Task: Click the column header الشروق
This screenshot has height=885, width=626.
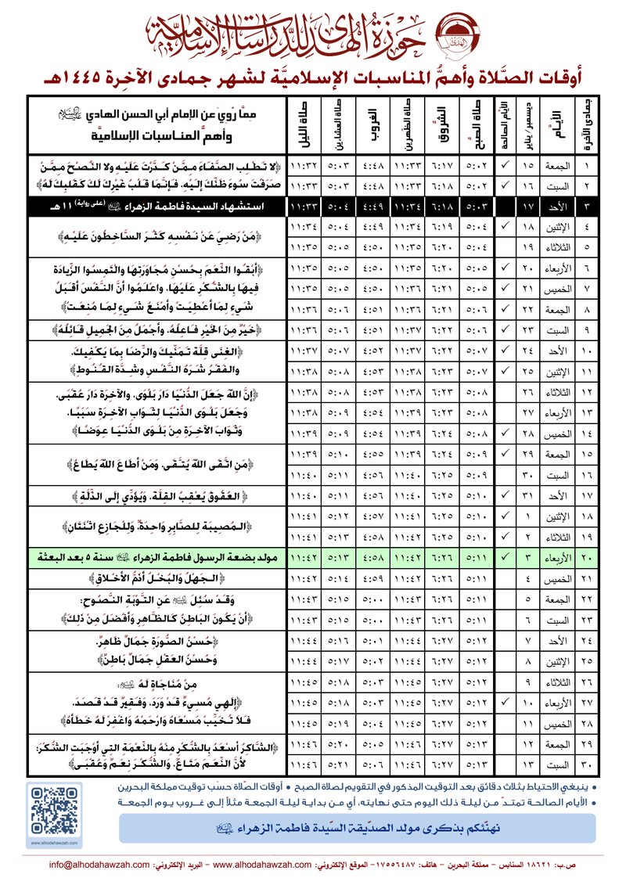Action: pyautogui.click(x=439, y=125)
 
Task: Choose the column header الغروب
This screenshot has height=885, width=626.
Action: pyautogui.click(x=372, y=125)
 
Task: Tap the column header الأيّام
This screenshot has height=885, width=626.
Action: pyautogui.click(x=555, y=125)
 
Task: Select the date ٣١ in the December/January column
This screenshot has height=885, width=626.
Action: pyautogui.click(x=528, y=494)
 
